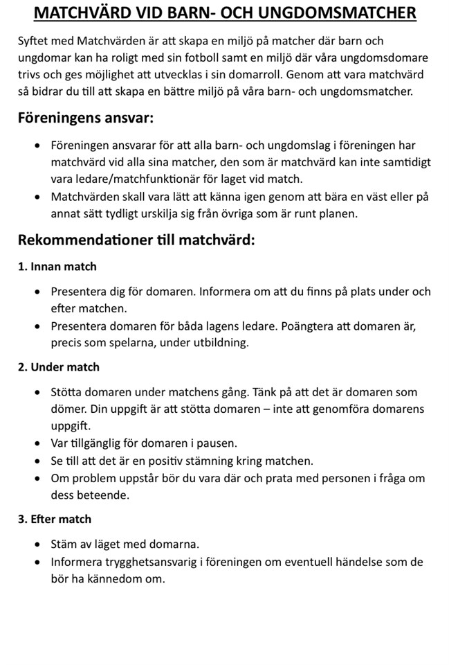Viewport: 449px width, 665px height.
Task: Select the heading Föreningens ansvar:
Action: (x=86, y=118)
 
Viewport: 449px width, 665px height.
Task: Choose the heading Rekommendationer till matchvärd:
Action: (x=136, y=240)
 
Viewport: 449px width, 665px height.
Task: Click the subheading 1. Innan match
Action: (x=57, y=267)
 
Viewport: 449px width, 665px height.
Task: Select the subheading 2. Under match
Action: (x=59, y=367)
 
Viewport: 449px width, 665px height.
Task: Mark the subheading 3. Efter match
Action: (x=55, y=519)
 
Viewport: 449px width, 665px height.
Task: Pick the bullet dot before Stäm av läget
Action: (x=37, y=544)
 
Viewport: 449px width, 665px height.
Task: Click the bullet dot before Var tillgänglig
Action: (x=37, y=443)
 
